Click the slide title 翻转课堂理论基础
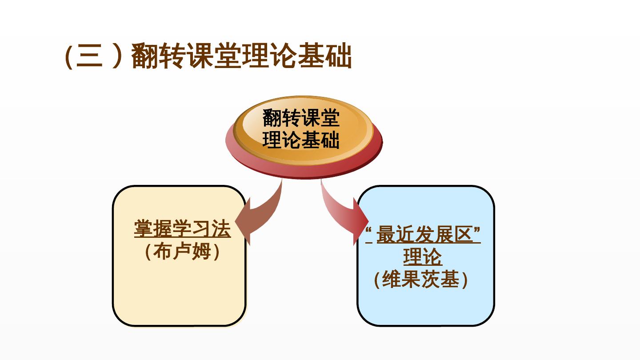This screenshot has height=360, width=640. click(x=242, y=56)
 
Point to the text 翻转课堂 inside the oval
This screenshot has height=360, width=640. click(x=301, y=119)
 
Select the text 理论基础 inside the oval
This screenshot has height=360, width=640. click(x=301, y=140)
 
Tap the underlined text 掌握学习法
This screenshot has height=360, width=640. click(x=182, y=230)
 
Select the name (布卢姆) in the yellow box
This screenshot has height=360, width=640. click(x=182, y=252)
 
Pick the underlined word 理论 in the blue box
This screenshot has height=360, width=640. click(x=423, y=257)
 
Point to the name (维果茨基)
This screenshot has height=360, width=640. click(x=421, y=280)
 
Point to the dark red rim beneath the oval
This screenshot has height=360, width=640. click(x=304, y=171)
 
